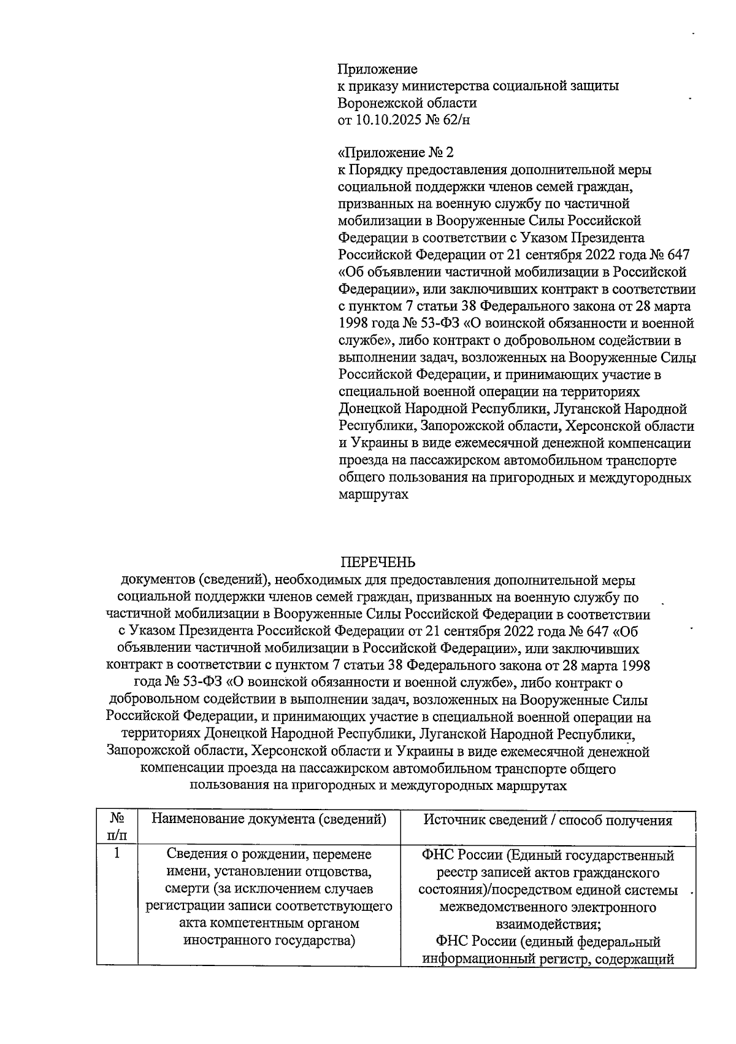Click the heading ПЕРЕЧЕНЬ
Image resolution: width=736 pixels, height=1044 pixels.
click(377, 562)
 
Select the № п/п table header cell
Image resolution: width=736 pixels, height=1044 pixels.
click(117, 827)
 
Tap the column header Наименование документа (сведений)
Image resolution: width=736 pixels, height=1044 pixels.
click(269, 819)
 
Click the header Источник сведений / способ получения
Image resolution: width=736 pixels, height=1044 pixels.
click(548, 821)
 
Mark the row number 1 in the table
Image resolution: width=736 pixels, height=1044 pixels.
click(117, 855)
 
